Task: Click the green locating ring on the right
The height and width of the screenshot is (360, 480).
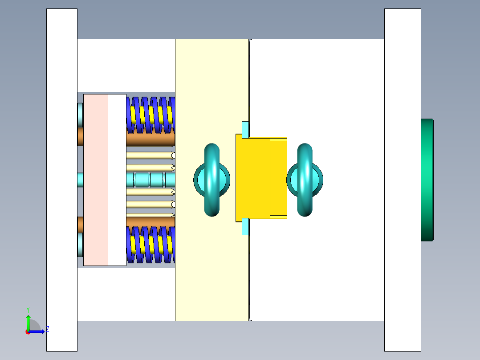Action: point(427,180)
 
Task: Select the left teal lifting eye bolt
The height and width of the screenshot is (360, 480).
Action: point(212,180)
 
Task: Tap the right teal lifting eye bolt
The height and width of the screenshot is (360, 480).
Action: point(305,180)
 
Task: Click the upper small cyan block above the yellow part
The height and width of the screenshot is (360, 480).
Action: point(245,129)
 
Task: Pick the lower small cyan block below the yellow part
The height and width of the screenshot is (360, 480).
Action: point(245,226)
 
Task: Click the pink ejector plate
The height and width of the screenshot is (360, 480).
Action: point(95,180)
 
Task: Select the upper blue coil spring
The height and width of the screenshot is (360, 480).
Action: point(151,115)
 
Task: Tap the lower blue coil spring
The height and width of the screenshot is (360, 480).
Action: point(151,245)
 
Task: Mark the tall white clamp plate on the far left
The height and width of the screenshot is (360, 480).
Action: point(61,180)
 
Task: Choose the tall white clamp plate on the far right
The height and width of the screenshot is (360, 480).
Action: point(403,180)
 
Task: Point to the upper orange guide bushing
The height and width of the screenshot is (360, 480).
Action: point(150,140)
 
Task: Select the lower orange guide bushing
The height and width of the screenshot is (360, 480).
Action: point(150,221)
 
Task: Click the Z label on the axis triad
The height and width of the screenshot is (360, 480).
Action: point(48,329)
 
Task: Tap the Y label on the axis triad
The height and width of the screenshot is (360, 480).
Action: point(28,309)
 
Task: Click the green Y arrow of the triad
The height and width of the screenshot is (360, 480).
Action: point(28,322)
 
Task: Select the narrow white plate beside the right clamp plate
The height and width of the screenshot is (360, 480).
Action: point(372,180)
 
